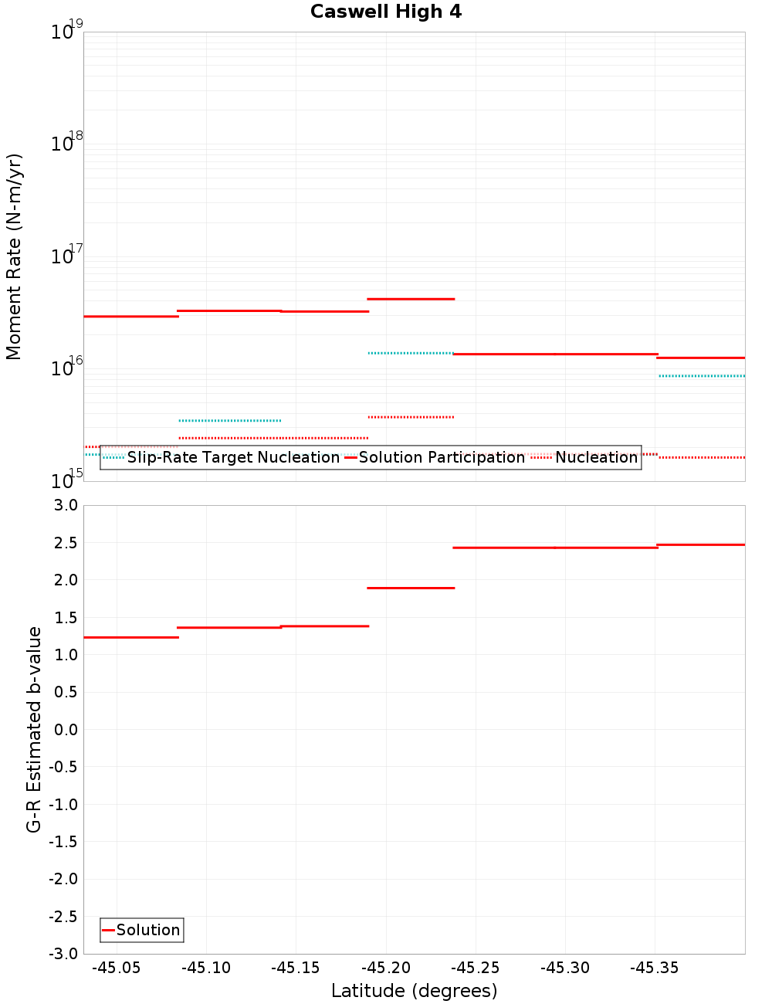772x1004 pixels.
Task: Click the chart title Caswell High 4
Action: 386,12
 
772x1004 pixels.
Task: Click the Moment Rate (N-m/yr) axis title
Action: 14,256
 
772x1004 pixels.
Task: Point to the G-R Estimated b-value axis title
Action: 34,729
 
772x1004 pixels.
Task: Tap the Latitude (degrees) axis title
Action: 414,991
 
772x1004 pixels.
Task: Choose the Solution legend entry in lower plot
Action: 147,930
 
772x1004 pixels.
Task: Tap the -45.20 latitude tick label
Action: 385,968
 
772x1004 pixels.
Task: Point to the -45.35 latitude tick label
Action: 654,968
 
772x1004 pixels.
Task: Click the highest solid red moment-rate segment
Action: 411,299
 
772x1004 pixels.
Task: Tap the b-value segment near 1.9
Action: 411,588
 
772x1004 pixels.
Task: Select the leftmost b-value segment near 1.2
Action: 130,637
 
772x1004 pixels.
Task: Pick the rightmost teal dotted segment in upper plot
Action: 701,376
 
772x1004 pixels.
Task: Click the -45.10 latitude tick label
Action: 206,968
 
